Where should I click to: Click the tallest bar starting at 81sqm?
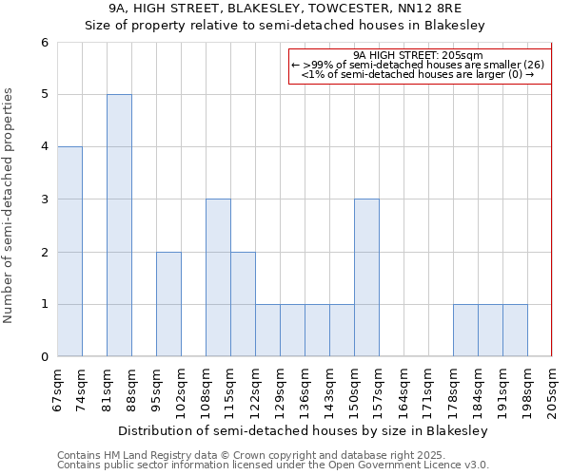[x=119, y=225]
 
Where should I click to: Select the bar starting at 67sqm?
[x=69, y=252]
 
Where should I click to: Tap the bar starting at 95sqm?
[x=168, y=304]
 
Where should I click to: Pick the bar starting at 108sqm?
[x=218, y=277]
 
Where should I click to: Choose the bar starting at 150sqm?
[x=366, y=277]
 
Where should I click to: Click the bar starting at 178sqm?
[x=465, y=331]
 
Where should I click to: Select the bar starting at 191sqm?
[x=515, y=331]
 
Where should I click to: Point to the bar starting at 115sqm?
[x=243, y=304]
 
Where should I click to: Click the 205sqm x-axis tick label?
[x=552, y=390]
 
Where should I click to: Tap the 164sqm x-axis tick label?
[x=404, y=390]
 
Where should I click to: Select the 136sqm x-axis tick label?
[x=305, y=390]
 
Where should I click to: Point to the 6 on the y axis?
[x=44, y=43]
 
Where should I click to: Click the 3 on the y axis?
[x=44, y=199]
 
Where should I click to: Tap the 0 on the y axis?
[x=44, y=357]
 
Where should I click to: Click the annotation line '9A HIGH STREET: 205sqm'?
[x=419, y=55]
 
